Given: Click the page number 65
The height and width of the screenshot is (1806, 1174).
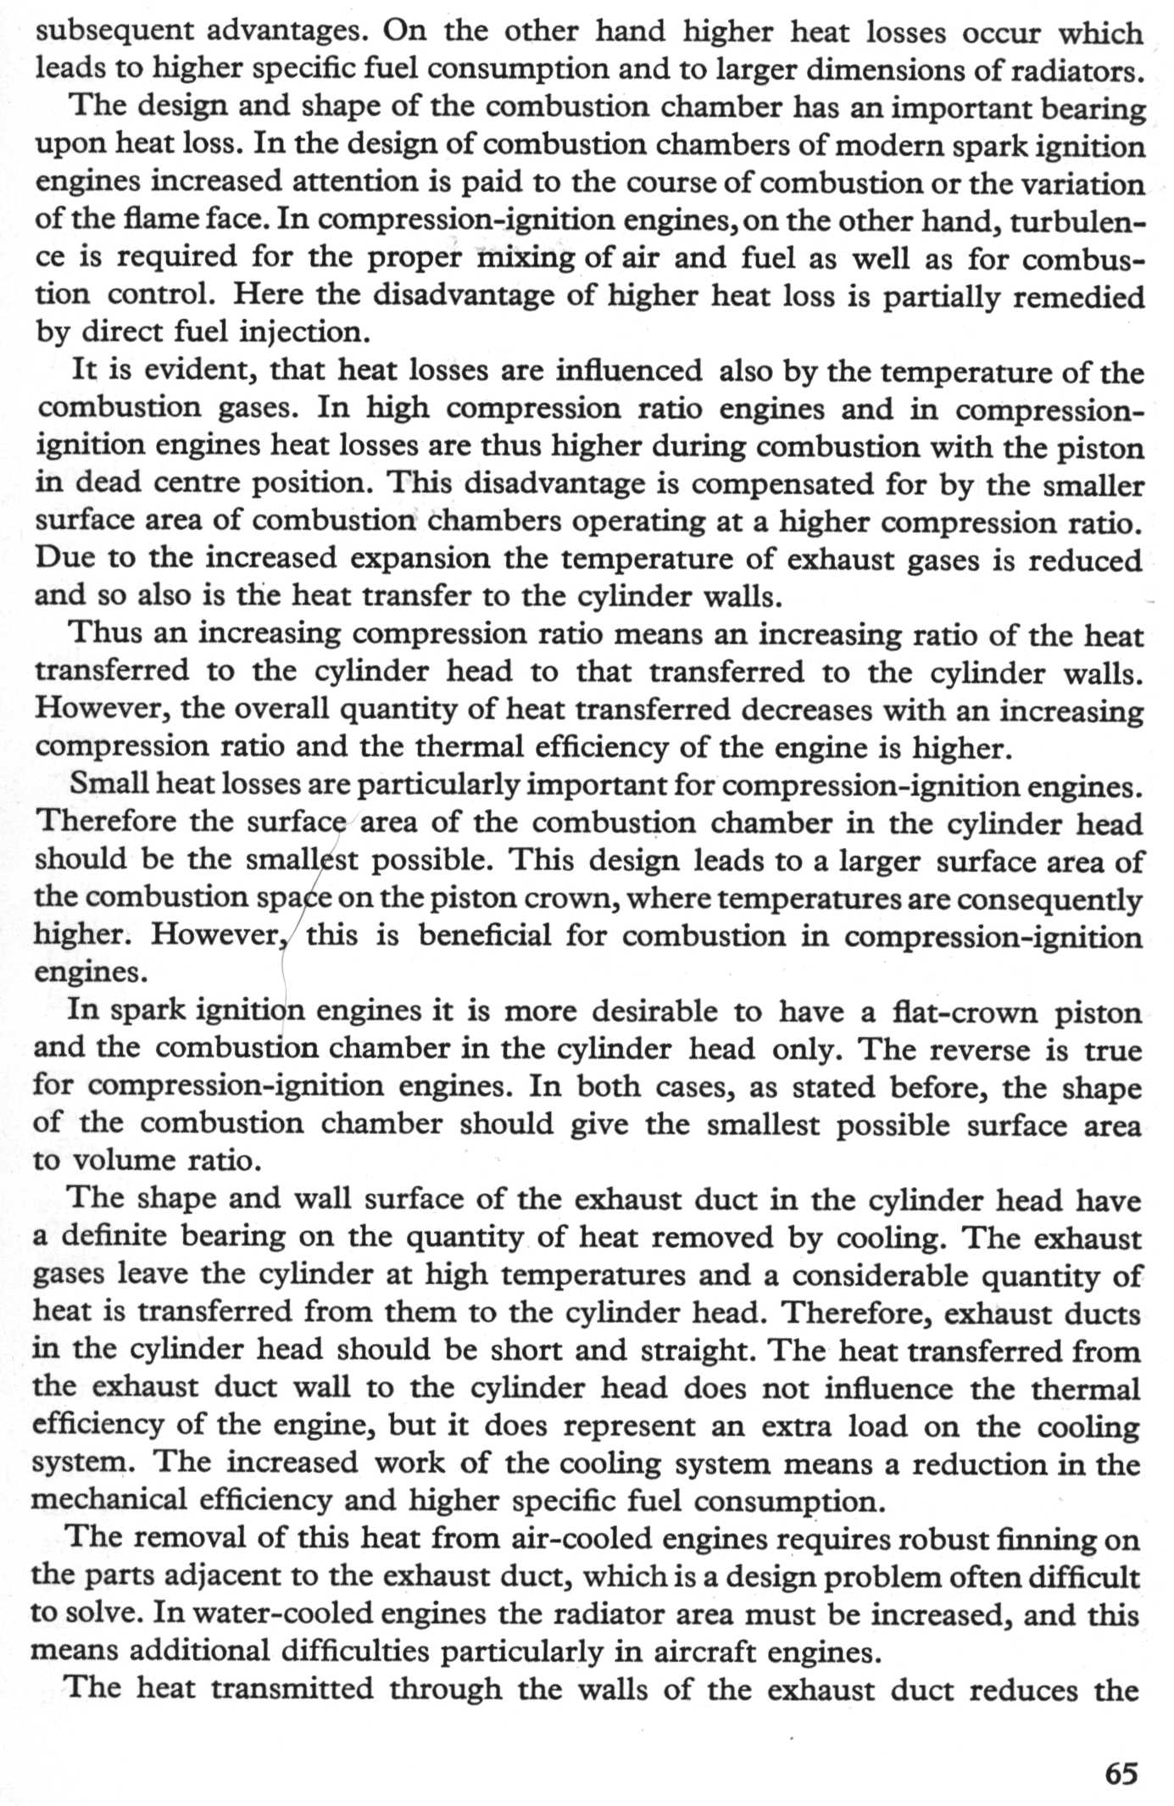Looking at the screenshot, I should (1121, 1773).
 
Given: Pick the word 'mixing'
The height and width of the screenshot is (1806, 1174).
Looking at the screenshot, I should (526, 257).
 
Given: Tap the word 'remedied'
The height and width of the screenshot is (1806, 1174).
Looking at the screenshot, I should (1074, 296).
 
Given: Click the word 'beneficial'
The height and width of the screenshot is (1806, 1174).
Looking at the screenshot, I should (484, 935).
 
